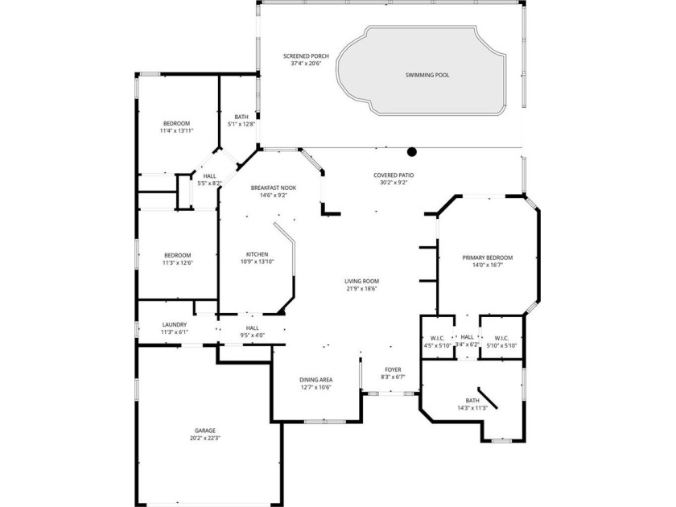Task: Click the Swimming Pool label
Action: [x=427, y=75]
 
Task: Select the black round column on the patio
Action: [x=412, y=150]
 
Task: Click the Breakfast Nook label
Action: [x=268, y=187]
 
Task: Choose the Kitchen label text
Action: [x=257, y=253]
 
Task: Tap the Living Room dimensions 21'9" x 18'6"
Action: [x=362, y=289]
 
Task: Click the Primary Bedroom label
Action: [x=487, y=258]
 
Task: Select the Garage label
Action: [x=204, y=431]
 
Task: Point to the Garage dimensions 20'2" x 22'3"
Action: [x=204, y=439]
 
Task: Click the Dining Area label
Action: [x=315, y=379]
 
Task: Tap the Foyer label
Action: [x=392, y=369]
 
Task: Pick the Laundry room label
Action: [x=174, y=324]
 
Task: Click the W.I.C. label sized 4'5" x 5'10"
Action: [x=438, y=337]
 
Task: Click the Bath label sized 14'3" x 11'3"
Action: [x=472, y=400]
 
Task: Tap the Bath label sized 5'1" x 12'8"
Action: [x=241, y=117]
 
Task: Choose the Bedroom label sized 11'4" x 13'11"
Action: [x=176, y=123]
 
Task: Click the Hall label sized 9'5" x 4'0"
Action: [x=252, y=328]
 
